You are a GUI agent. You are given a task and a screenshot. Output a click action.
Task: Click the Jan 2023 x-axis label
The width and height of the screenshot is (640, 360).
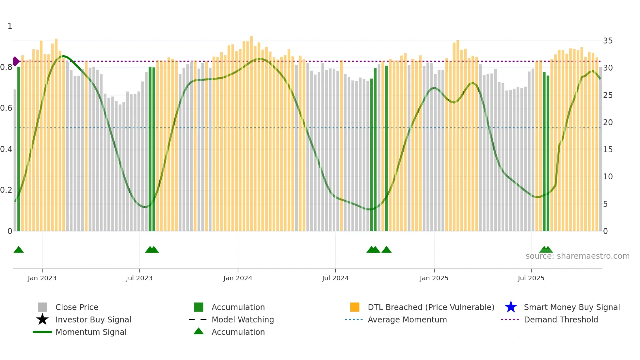tap(42, 278)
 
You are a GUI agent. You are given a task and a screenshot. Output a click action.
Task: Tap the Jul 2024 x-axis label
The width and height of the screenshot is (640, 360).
tap(335, 278)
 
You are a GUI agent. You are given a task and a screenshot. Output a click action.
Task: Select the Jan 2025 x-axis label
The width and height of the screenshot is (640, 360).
tap(434, 278)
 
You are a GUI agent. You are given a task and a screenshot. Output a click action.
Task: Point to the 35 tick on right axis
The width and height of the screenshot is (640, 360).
tap(608, 41)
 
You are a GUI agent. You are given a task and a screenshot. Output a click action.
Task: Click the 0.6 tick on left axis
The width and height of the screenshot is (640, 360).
tap(7, 108)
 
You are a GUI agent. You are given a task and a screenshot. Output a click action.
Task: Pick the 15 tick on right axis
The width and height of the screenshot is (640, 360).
tap(608, 150)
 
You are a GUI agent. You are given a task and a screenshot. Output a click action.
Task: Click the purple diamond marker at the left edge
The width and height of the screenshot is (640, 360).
tap(16, 61)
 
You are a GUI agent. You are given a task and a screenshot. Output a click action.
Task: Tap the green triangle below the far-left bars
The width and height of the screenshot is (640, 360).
tap(19, 250)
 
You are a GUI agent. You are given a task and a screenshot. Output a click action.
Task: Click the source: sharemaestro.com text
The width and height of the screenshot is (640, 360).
tap(577, 256)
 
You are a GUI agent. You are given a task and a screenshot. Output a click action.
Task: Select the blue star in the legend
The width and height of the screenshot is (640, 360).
tap(511, 307)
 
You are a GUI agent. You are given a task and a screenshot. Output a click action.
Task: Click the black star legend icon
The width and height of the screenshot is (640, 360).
tap(42, 319)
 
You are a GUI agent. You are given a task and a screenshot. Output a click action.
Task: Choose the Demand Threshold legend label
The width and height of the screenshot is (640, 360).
tap(561, 319)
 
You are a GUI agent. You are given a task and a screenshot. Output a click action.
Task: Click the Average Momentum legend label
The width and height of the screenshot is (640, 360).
tap(407, 319)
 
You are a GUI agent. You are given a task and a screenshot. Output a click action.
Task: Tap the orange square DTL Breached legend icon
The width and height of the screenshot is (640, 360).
tap(355, 307)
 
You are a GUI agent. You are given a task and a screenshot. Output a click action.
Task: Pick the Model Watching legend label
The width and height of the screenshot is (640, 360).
tap(243, 319)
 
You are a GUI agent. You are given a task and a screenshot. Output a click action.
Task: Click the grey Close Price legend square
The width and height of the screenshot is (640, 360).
tap(42, 307)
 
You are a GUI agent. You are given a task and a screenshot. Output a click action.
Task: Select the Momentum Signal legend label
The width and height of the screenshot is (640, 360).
tap(91, 332)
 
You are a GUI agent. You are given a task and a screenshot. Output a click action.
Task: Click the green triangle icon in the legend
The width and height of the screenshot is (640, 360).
tap(199, 331)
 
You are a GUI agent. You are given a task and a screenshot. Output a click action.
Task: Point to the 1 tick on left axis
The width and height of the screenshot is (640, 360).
tap(10, 26)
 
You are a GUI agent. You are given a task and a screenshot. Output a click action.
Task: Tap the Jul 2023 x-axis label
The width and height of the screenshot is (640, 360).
tap(139, 278)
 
